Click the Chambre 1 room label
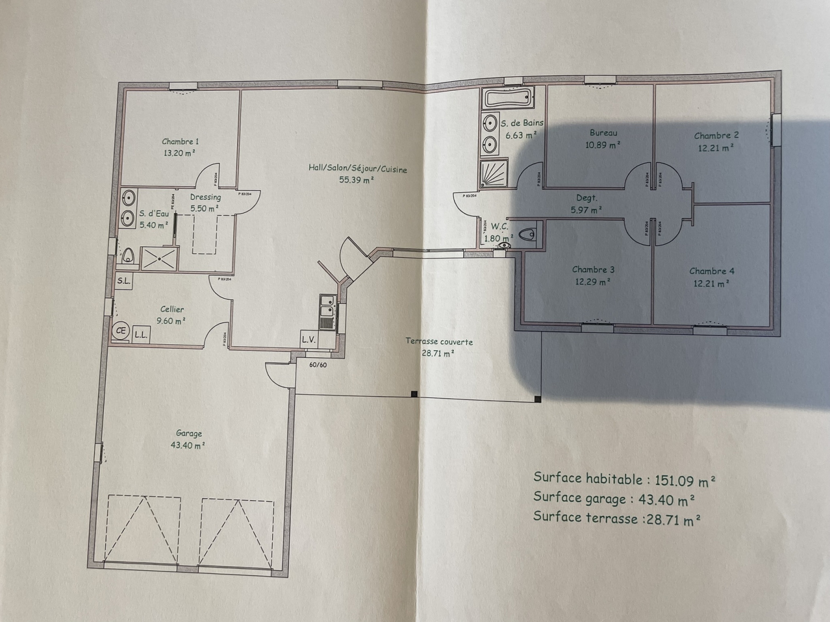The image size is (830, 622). point(181,142)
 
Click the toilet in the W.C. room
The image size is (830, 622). point(528,235)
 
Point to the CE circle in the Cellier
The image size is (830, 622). point(121,331)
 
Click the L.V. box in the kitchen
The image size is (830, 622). point(308,340)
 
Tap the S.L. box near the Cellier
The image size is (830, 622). point(123,281)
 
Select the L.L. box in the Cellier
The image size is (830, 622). point(141,335)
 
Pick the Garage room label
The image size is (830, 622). point(189,433)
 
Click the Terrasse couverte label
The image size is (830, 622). point(439,342)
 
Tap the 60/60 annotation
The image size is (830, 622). point(318,364)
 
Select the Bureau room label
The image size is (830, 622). point(603,133)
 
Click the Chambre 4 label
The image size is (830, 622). point(711,271)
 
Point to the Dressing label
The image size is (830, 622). point(205,197)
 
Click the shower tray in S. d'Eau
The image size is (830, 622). point(159,258)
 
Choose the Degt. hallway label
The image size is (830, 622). point(587,198)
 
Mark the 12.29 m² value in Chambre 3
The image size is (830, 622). point(592,282)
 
